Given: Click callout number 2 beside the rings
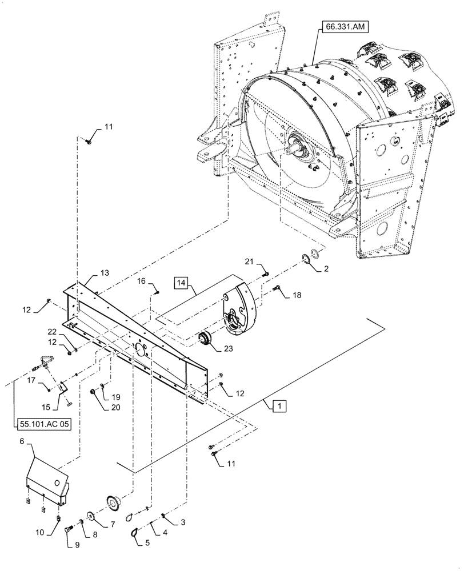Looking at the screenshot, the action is click(x=325, y=268).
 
